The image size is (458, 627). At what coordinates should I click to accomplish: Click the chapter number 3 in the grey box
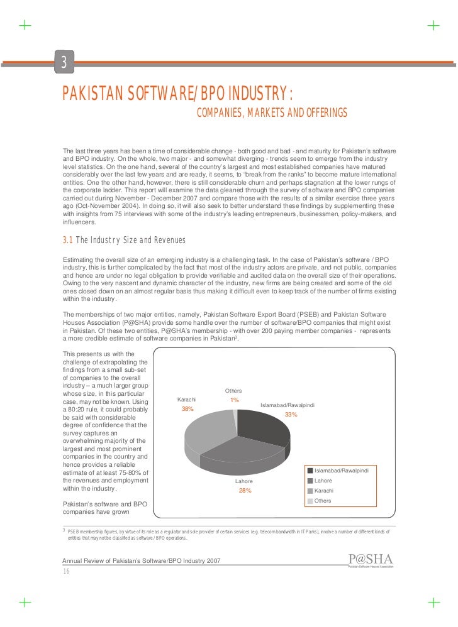tap(64, 62)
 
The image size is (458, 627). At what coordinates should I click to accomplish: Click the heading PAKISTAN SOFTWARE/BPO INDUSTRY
tap(177, 94)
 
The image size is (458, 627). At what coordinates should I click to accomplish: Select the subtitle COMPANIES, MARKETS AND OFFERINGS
tap(272, 112)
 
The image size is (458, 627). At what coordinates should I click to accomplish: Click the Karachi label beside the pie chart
tap(187, 400)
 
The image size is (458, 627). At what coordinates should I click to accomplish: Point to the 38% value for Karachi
tap(187, 409)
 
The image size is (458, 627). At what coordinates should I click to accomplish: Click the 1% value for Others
tap(234, 400)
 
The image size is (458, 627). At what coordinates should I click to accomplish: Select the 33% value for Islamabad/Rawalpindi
tap(291, 415)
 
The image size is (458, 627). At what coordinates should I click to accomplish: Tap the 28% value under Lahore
tap(245, 491)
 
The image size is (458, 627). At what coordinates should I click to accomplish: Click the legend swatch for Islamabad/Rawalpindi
tap(310, 471)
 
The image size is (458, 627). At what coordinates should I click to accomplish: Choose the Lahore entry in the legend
tap(323, 481)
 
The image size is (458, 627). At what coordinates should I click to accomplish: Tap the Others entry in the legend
tap(323, 501)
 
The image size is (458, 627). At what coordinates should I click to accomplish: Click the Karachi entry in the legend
tap(323, 491)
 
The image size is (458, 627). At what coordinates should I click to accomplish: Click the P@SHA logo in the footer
tap(370, 560)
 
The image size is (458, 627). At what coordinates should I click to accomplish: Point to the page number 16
tap(66, 570)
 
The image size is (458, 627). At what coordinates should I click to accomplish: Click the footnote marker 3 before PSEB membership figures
tap(63, 530)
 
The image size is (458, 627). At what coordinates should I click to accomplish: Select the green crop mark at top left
tap(25, 26)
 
